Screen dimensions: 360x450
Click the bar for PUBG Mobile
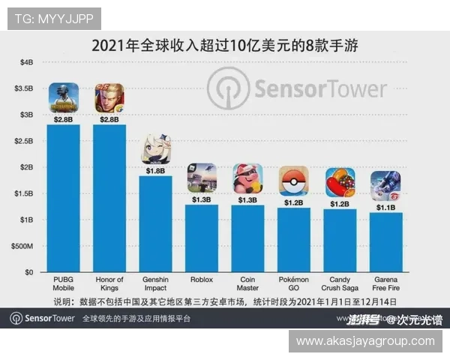[x=64, y=198]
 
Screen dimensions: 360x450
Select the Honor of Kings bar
[x=109, y=198]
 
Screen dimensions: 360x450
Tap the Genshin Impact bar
[x=156, y=223]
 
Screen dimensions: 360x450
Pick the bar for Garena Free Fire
[x=385, y=242]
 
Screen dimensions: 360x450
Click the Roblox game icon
[x=202, y=178]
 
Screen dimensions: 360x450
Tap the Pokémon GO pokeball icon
[x=293, y=181]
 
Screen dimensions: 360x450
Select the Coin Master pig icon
[x=247, y=178]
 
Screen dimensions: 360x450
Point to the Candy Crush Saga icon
[x=340, y=182]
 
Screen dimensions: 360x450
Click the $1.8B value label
[x=156, y=170]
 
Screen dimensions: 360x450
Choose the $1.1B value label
[x=385, y=207]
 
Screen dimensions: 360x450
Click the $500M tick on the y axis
[x=22, y=246]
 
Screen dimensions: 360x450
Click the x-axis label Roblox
[x=202, y=280]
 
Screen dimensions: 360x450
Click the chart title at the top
[x=225, y=45]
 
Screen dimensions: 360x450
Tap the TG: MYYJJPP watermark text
[x=53, y=18]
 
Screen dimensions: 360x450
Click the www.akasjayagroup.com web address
[x=365, y=341]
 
